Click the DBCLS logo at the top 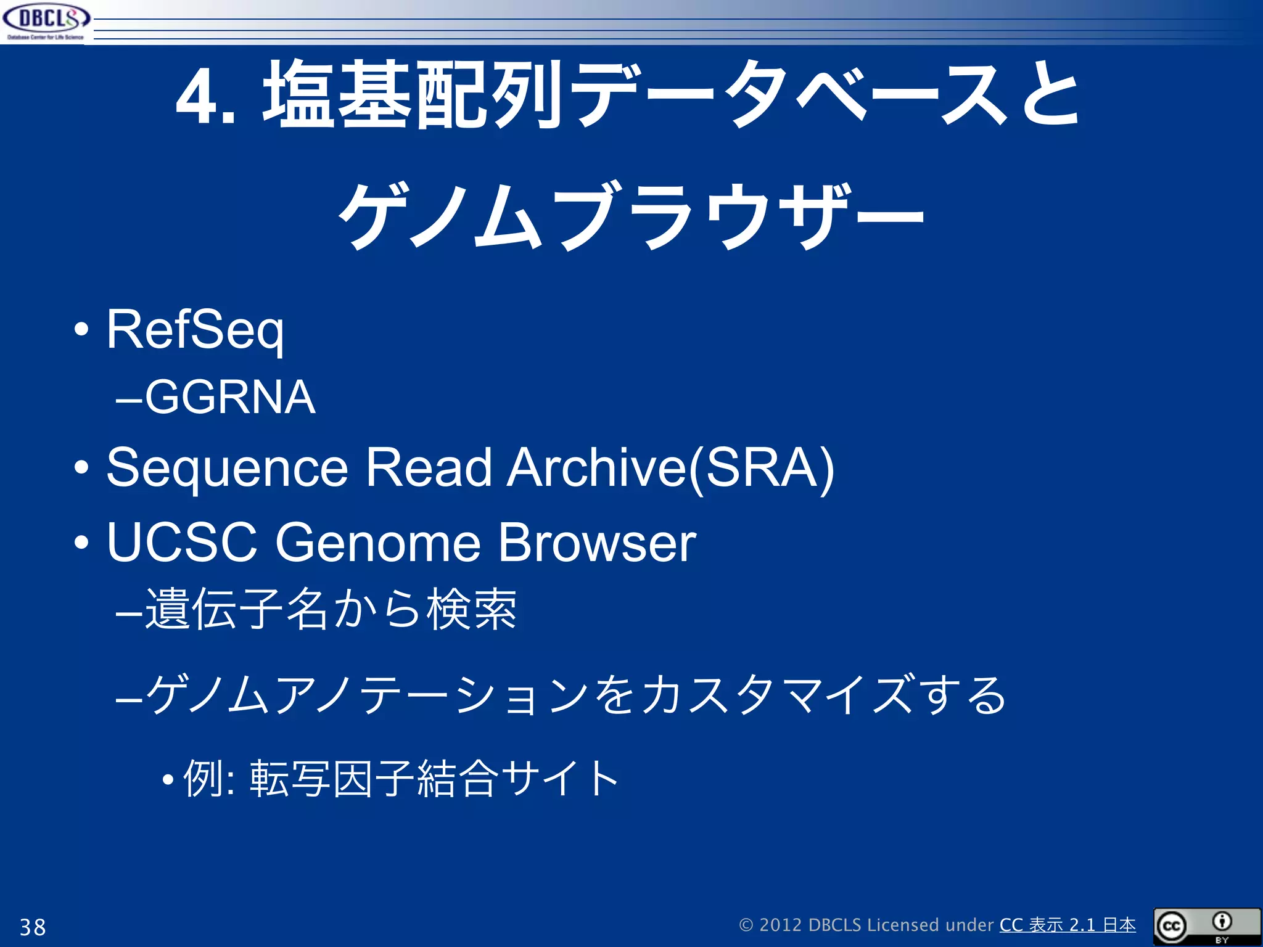pyautogui.click(x=46, y=22)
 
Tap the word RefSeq pyautogui.click(x=195, y=330)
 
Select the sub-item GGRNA pyautogui.click(x=230, y=398)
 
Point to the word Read pyautogui.click(x=429, y=467)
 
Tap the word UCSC pyautogui.click(x=182, y=543)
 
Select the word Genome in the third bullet pyautogui.click(x=377, y=543)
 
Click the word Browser pyautogui.click(x=596, y=543)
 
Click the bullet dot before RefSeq pyautogui.click(x=81, y=330)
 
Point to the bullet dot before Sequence pyautogui.click(x=81, y=468)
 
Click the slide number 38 pyautogui.click(x=33, y=927)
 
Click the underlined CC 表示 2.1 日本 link pyautogui.click(x=1067, y=925)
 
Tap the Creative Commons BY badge pyautogui.click(x=1206, y=926)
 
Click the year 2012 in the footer pyautogui.click(x=780, y=925)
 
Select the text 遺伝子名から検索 pyautogui.click(x=331, y=610)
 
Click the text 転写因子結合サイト pyautogui.click(x=434, y=779)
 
